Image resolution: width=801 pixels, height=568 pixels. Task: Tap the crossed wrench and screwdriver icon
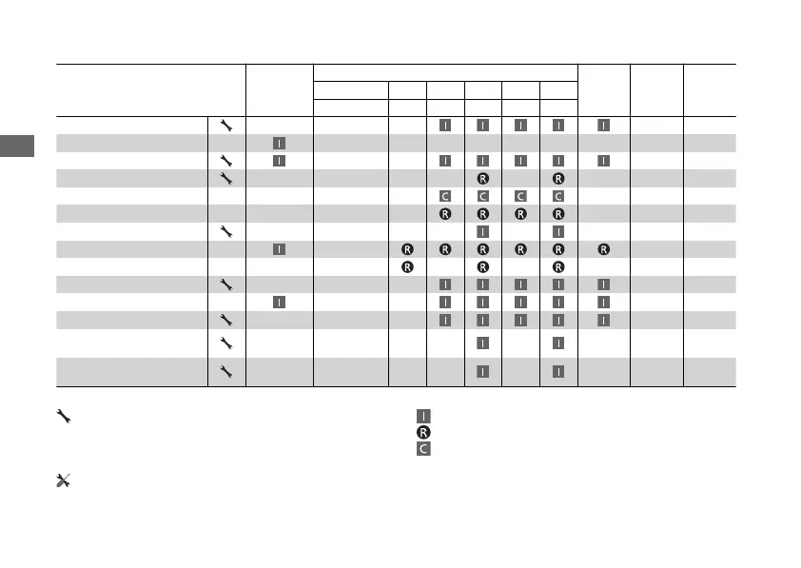click(63, 481)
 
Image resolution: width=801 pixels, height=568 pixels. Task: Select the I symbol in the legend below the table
click(422, 416)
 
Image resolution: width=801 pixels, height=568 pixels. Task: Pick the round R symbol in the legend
click(422, 431)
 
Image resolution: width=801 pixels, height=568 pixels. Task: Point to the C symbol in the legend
click(422, 447)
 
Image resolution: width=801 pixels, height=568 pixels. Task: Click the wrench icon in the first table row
click(225, 125)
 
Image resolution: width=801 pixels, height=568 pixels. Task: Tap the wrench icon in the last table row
click(225, 370)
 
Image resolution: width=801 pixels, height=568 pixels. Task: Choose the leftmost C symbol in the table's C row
click(445, 196)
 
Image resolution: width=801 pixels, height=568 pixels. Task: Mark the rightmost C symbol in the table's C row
click(558, 196)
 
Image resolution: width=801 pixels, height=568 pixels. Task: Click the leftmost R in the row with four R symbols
click(445, 213)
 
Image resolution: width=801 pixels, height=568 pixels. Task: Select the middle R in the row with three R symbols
click(483, 266)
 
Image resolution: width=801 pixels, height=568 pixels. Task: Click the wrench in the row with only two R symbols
click(225, 178)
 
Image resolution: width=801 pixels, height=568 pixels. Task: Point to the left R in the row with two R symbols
click(483, 178)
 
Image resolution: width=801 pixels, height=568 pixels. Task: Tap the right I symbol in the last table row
click(558, 370)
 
